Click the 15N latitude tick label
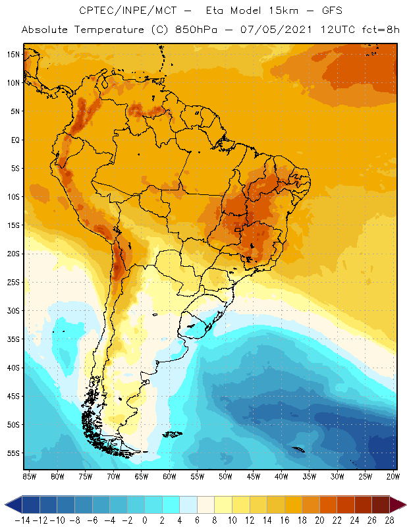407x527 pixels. pyautogui.click(x=13, y=54)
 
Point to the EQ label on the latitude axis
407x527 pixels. pyautogui.click(x=14, y=140)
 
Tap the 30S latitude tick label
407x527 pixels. pyautogui.click(x=13, y=310)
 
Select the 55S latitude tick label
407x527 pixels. pyautogui.click(x=13, y=453)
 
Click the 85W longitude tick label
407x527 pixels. pyautogui.click(x=30, y=476)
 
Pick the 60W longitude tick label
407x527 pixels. pyautogui.click(x=169, y=476)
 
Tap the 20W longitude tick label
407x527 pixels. pyautogui.click(x=393, y=476)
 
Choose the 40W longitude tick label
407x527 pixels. pyautogui.click(x=281, y=476)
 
